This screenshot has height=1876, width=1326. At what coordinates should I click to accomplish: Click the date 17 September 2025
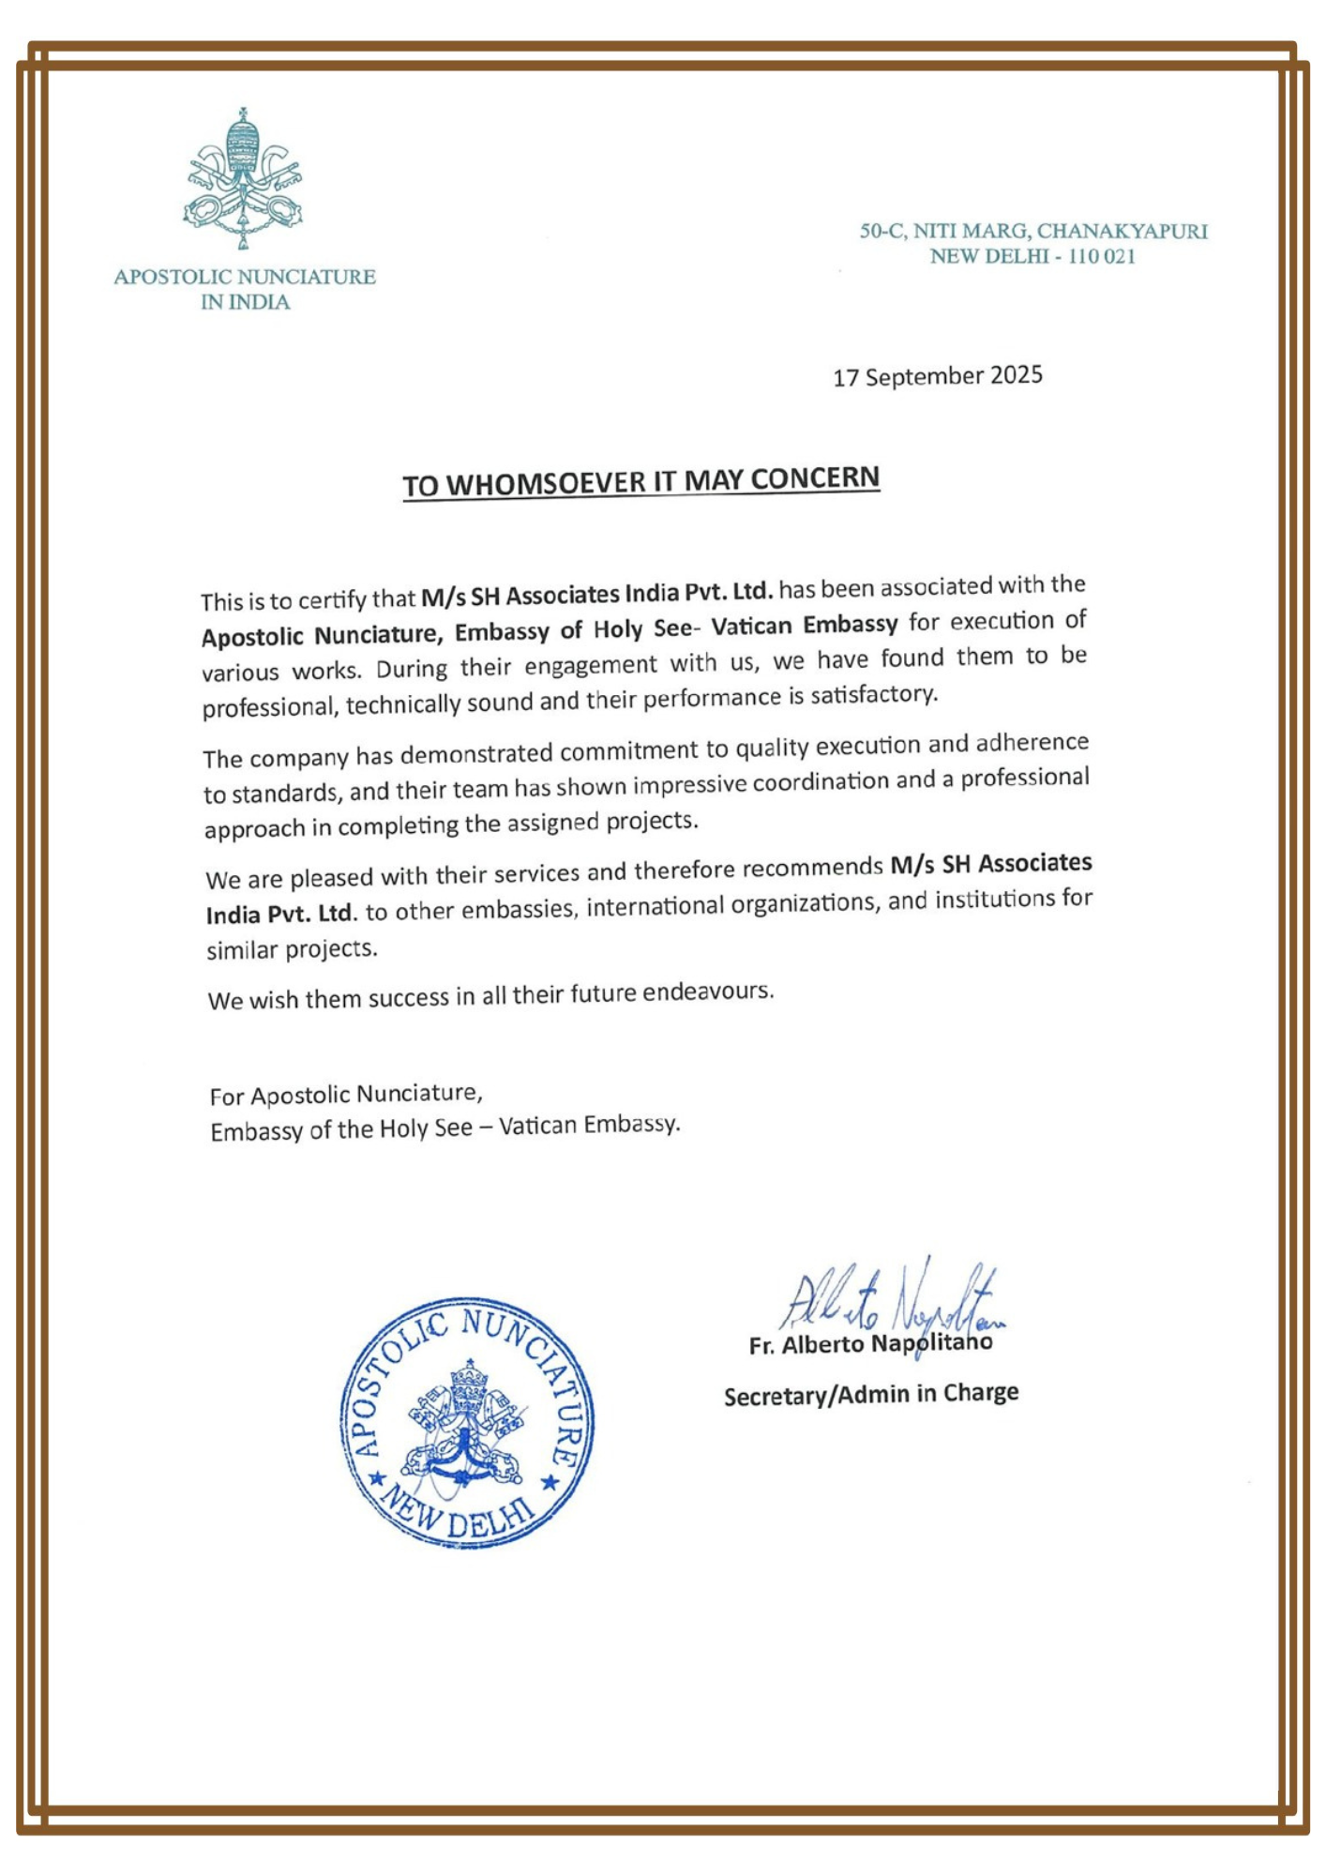click(x=937, y=376)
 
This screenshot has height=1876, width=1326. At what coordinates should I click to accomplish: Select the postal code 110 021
click(x=1101, y=256)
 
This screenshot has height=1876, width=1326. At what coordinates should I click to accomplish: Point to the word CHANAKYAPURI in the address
click(x=1122, y=231)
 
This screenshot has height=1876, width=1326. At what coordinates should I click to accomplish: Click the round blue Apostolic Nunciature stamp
click(x=466, y=1422)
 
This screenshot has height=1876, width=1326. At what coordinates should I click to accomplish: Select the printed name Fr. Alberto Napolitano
click(x=869, y=1344)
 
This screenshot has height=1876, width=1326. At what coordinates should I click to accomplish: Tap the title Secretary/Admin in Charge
click(x=870, y=1395)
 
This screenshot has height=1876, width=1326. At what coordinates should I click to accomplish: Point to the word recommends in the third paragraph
click(x=812, y=868)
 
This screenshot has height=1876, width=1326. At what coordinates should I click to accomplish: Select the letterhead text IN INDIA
click(x=245, y=302)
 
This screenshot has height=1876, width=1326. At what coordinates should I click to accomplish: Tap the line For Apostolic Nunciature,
click(x=345, y=1095)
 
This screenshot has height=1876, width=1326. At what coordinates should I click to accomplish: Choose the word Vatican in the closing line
click(x=536, y=1126)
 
